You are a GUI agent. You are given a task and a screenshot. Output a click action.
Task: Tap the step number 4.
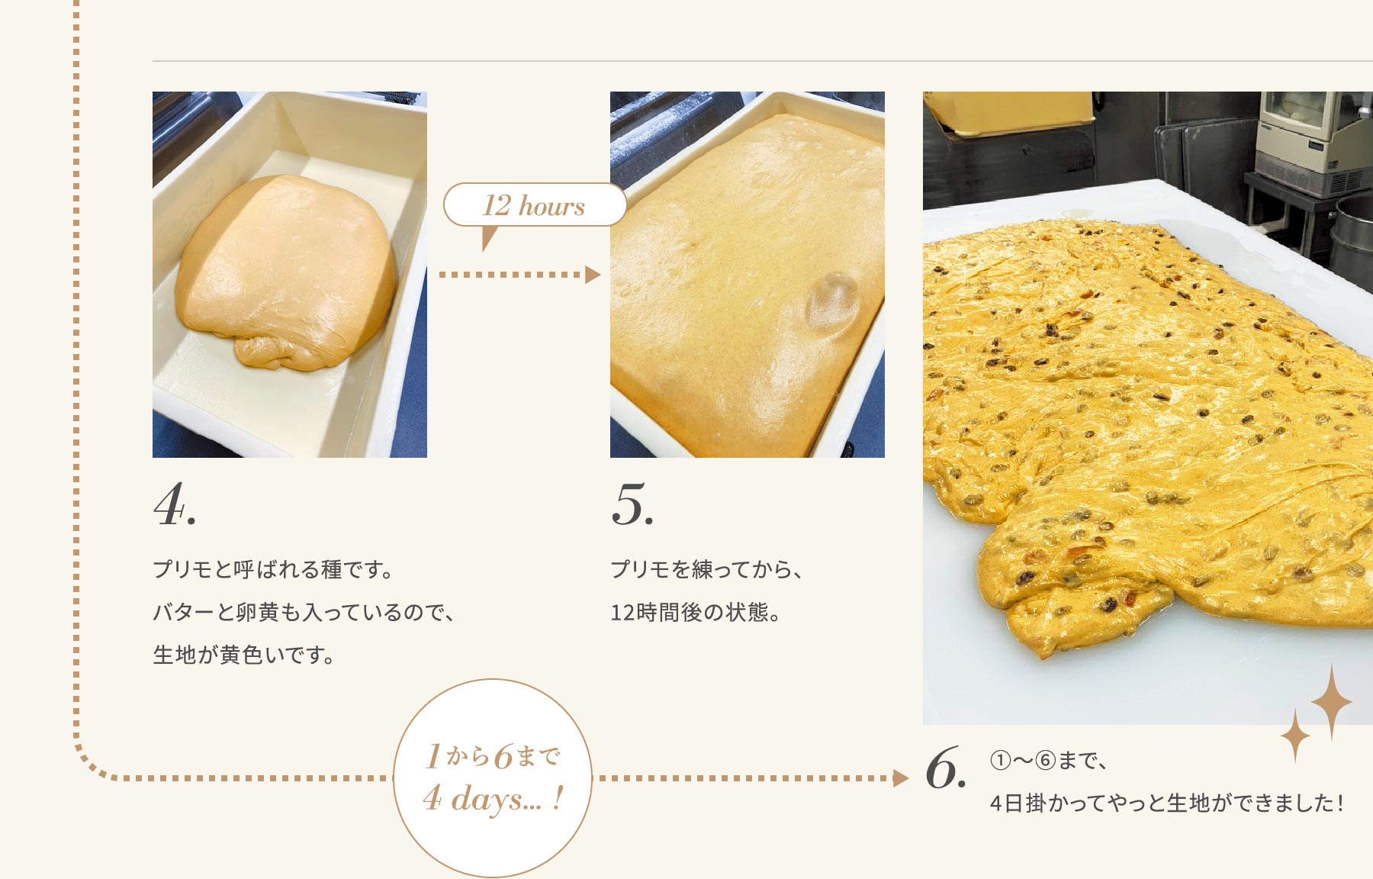point(175,504)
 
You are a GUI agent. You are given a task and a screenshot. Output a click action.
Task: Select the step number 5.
point(632,504)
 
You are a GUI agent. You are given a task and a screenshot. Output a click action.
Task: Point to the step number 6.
point(946,768)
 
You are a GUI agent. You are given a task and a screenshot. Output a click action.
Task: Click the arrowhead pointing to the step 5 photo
point(593,275)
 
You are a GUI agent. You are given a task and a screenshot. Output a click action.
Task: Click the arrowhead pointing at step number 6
point(901,778)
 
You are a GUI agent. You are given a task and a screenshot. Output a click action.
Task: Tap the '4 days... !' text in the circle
point(494,799)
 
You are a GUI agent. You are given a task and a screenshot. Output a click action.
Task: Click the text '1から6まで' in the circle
point(493,756)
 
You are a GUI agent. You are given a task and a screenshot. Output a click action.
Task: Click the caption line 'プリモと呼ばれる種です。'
point(273,569)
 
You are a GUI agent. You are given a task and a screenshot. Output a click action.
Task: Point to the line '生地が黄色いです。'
point(244,655)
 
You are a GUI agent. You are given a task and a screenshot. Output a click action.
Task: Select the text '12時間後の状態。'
point(696,612)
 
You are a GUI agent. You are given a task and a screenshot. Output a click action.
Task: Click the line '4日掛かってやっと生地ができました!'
point(1166,803)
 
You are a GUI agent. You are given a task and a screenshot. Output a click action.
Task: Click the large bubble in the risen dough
point(833,301)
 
